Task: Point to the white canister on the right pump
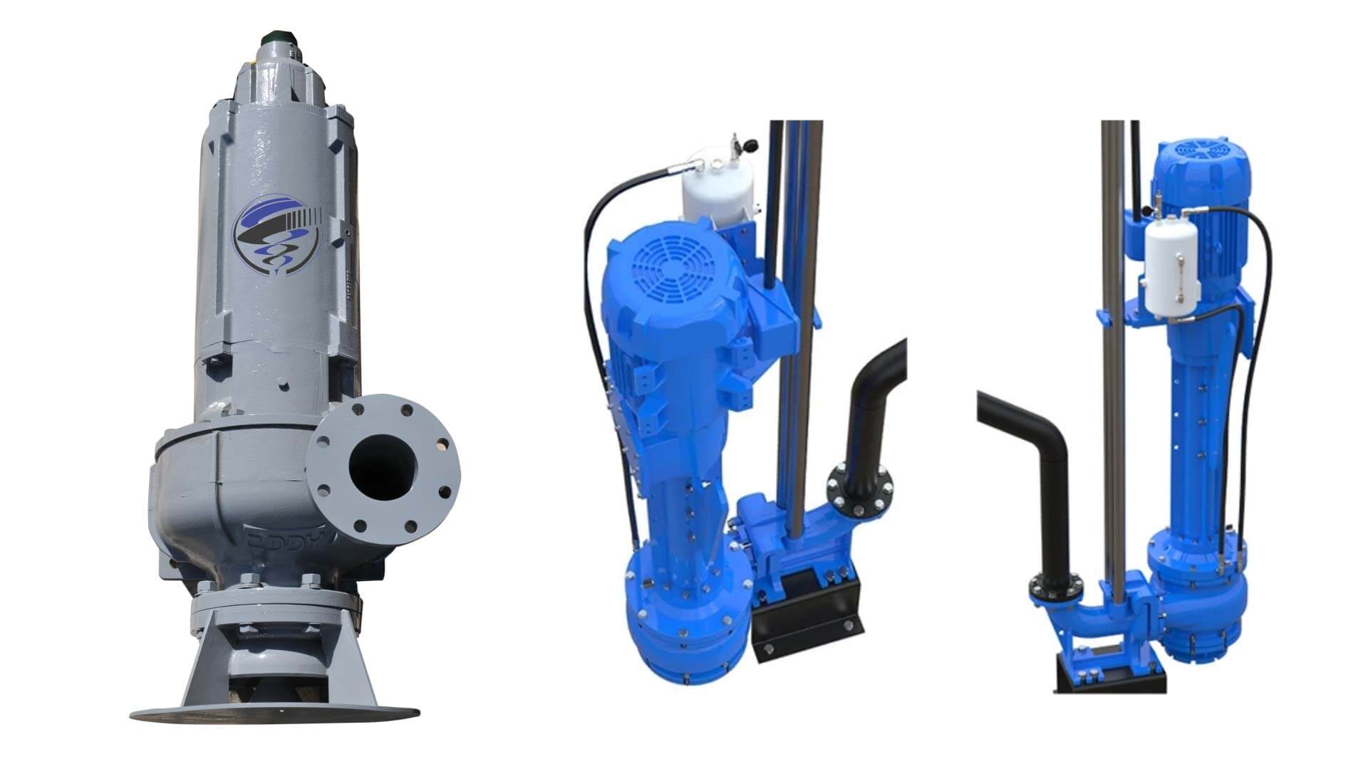[1172, 267]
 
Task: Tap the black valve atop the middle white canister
[749, 146]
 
